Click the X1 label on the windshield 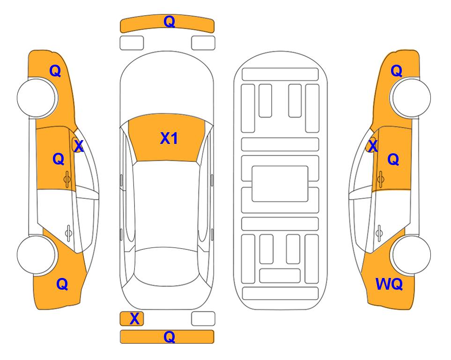[169, 138]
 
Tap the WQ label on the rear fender [389, 284]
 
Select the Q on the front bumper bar [169, 21]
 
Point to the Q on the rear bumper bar [169, 337]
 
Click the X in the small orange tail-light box [134, 319]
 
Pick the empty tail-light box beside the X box [203, 319]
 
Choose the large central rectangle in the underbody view [280, 184]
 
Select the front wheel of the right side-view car [412, 97]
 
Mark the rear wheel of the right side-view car [412, 255]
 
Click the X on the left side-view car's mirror [79, 146]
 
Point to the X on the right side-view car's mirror [373, 145]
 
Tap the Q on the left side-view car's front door [59, 159]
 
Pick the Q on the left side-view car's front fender [55, 71]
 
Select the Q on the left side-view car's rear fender [62, 284]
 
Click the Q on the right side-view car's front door [393, 159]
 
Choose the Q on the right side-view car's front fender [396, 71]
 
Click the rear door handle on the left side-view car [68, 232]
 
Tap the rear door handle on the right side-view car [380, 232]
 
